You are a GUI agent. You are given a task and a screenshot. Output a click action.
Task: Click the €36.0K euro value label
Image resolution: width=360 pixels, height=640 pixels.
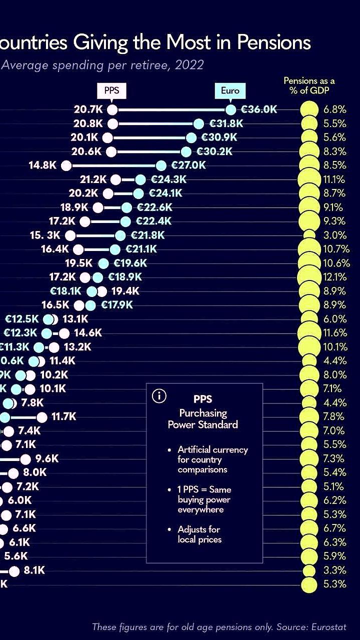click(x=259, y=109)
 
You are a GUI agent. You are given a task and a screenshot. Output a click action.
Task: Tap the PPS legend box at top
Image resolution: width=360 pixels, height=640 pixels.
click(x=111, y=91)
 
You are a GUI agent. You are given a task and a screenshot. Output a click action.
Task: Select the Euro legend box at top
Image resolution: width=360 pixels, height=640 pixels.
click(x=230, y=91)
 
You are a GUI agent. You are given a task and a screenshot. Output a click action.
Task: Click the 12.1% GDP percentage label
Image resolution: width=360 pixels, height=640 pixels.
click(x=334, y=277)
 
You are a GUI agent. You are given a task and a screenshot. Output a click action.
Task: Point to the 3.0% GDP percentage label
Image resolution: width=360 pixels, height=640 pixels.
click(x=334, y=235)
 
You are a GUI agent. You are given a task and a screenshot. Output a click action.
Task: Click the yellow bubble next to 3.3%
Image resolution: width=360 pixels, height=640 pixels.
click(x=309, y=570)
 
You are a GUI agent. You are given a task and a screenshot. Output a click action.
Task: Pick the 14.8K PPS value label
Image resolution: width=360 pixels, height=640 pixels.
click(x=43, y=165)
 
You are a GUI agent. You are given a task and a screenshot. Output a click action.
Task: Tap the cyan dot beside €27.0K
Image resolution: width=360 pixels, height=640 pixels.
click(x=160, y=165)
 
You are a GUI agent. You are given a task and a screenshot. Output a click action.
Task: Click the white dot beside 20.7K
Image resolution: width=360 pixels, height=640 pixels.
click(x=112, y=109)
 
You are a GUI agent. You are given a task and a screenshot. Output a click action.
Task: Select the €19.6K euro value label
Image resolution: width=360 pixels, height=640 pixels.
click(x=130, y=263)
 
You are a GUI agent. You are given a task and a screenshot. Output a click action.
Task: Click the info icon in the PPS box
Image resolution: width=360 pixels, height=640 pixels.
click(x=158, y=396)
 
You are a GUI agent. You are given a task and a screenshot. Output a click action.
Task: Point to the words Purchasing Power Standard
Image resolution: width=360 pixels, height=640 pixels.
click(x=202, y=419)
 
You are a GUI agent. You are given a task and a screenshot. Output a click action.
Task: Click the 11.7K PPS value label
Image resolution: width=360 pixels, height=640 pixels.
click(x=63, y=416)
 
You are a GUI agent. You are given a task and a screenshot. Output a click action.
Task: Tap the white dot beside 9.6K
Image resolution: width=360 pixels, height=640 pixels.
click(x=25, y=458)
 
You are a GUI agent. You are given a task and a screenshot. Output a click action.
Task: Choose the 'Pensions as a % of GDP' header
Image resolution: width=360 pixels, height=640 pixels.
click(x=309, y=85)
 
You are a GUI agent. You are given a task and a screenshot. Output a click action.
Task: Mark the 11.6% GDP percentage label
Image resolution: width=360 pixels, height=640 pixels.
click(x=334, y=333)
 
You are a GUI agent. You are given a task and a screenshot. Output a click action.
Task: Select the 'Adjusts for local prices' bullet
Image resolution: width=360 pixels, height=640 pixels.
click(x=198, y=534)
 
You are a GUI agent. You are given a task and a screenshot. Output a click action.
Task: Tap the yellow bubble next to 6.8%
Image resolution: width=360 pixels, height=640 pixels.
click(x=309, y=109)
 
